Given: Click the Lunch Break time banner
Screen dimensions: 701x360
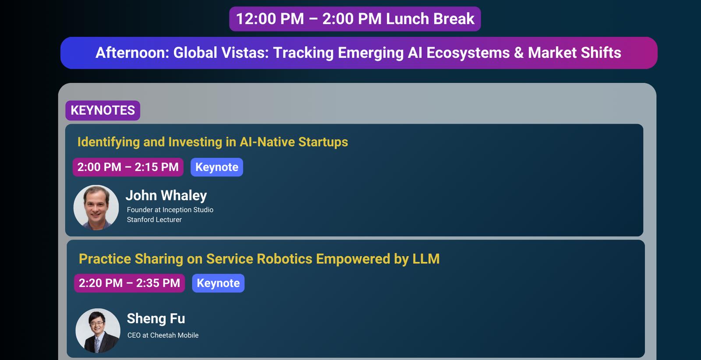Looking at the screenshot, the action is tap(355, 19).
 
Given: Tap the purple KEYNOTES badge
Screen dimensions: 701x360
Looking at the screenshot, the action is tap(103, 110).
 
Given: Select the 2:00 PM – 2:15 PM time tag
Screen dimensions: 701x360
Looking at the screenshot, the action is tap(128, 167).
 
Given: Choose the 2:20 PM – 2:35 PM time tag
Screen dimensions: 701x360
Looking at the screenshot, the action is tap(130, 283).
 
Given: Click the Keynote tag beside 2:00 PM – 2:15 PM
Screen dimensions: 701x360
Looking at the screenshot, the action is tap(217, 167).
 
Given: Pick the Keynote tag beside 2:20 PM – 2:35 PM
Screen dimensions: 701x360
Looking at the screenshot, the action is tap(218, 283).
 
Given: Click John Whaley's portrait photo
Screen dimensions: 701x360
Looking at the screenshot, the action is tap(96, 207).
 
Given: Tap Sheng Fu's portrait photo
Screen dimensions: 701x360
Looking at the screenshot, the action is tap(98, 331).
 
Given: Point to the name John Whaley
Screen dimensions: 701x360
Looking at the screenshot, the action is tap(166, 195).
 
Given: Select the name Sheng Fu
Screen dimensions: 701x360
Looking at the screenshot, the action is tap(156, 319).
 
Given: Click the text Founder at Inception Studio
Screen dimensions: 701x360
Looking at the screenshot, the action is tap(170, 209).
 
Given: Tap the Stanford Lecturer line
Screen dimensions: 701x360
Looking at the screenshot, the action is tap(154, 219).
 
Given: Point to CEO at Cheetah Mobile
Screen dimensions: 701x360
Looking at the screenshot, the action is tap(163, 335).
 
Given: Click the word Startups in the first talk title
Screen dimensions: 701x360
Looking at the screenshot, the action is tap(323, 142).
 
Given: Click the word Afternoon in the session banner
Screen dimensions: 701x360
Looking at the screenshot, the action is tap(132, 53).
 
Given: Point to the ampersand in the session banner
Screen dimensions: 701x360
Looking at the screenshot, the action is tap(519, 53).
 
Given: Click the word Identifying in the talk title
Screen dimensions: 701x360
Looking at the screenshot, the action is tap(109, 142).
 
